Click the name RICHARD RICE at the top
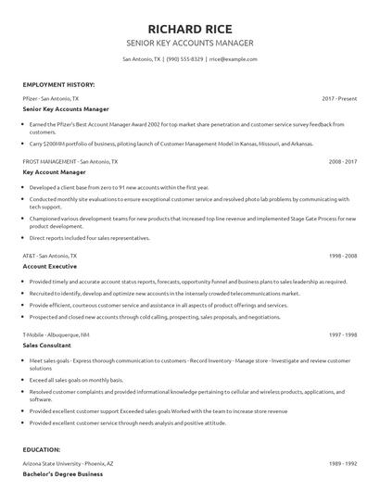coord(189,26)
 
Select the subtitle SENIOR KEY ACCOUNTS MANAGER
coord(189,43)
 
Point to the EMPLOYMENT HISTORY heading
coord(57,84)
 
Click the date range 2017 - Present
coord(339,97)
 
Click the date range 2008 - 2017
coord(341,160)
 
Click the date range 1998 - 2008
coord(341,255)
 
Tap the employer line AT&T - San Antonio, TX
coord(49,255)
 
